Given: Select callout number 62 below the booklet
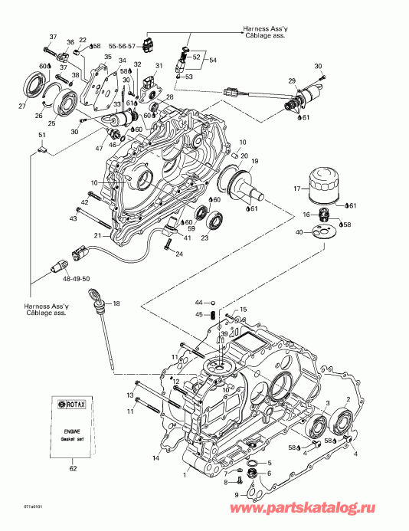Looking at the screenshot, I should (73, 467).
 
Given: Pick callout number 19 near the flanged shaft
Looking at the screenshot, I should (255, 161).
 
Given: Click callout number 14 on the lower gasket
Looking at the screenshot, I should (156, 457).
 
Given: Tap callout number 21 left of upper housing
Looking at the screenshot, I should (98, 234).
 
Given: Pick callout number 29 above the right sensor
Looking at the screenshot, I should (291, 81).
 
